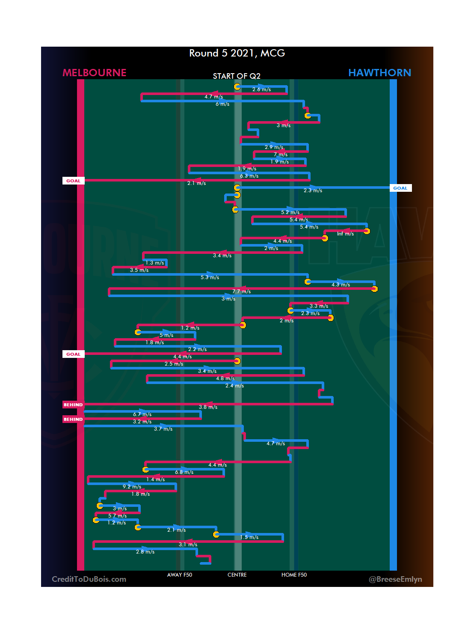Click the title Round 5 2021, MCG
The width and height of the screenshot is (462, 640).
click(x=237, y=53)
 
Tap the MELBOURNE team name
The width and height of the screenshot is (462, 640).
click(x=95, y=73)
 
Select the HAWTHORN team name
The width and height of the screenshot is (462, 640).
click(x=379, y=73)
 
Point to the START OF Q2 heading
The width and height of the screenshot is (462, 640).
click(x=237, y=76)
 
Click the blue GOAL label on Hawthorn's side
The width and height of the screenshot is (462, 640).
click(x=400, y=188)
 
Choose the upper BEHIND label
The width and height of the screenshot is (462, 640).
click(x=73, y=405)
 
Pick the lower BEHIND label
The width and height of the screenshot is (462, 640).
click(x=73, y=419)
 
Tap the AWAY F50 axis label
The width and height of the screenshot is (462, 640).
click(x=180, y=575)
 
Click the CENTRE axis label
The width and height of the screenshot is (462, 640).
click(x=237, y=575)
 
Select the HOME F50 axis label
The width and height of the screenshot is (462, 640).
click(x=294, y=575)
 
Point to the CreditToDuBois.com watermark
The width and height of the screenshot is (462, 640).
click(x=89, y=579)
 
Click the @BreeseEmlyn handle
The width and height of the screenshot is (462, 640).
click(x=395, y=579)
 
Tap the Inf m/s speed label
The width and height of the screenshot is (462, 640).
click(x=345, y=234)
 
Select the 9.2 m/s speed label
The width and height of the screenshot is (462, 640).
click(x=132, y=487)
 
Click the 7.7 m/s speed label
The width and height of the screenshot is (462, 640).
click(x=241, y=292)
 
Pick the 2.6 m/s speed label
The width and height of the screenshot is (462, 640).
click(x=261, y=89)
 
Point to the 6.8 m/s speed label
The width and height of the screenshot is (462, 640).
click(x=184, y=472)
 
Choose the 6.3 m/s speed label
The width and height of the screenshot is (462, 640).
click(x=249, y=176)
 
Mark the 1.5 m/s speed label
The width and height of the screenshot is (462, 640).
click(x=249, y=537)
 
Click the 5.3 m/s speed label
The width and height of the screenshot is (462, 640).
click(x=210, y=277)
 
